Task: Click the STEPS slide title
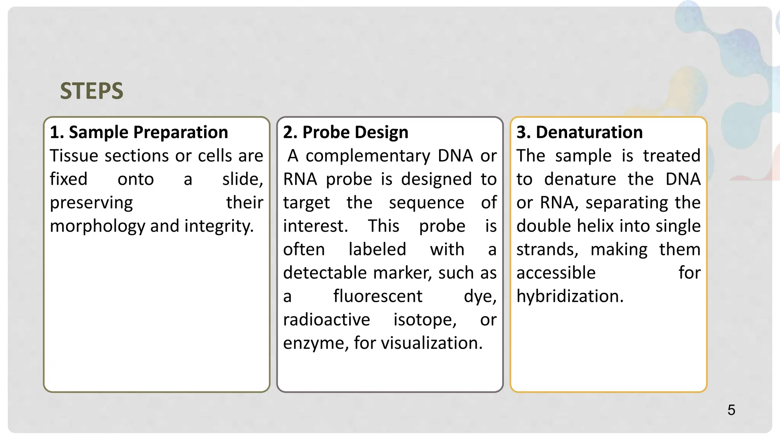click(x=91, y=91)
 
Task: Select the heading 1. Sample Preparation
click(x=139, y=132)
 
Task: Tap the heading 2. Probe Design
click(x=345, y=132)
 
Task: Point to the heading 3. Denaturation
click(x=579, y=132)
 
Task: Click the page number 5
click(x=731, y=410)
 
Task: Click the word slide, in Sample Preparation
click(x=243, y=179)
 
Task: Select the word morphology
click(x=97, y=226)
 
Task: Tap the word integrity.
click(x=219, y=226)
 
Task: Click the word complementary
click(x=368, y=156)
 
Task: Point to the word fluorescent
click(x=377, y=296)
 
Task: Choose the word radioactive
click(x=326, y=320)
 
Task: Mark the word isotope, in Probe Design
click(x=425, y=320)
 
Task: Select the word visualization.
click(x=432, y=343)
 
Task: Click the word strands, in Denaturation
click(x=547, y=250)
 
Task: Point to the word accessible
click(x=556, y=273)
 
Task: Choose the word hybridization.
click(x=570, y=296)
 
